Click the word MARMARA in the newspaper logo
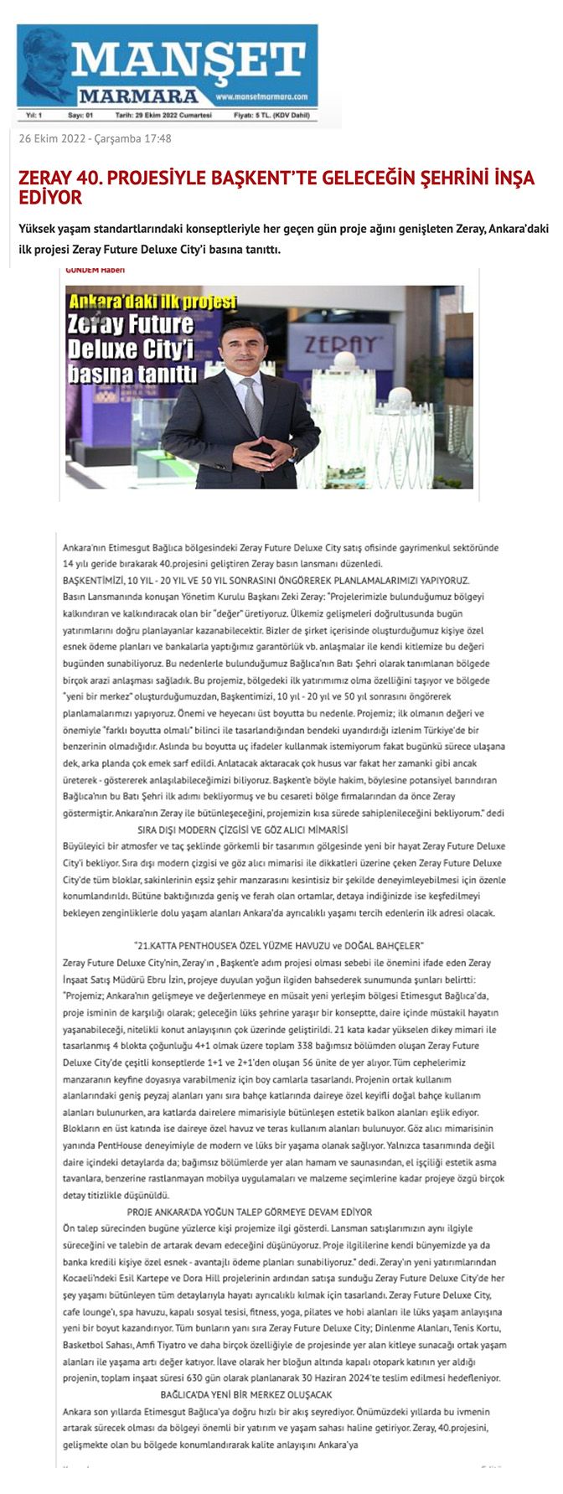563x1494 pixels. [x=139, y=96]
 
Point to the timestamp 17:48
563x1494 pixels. [x=158, y=139]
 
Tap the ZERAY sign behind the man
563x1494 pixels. [x=339, y=344]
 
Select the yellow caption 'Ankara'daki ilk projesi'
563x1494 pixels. [x=152, y=302]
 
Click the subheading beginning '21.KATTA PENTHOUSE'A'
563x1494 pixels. [x=279, y=945]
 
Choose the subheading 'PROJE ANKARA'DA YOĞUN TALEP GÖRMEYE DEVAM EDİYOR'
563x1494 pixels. [x=250, y=1212]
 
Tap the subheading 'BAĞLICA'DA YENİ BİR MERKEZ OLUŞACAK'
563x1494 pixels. [x=246, y=1394]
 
